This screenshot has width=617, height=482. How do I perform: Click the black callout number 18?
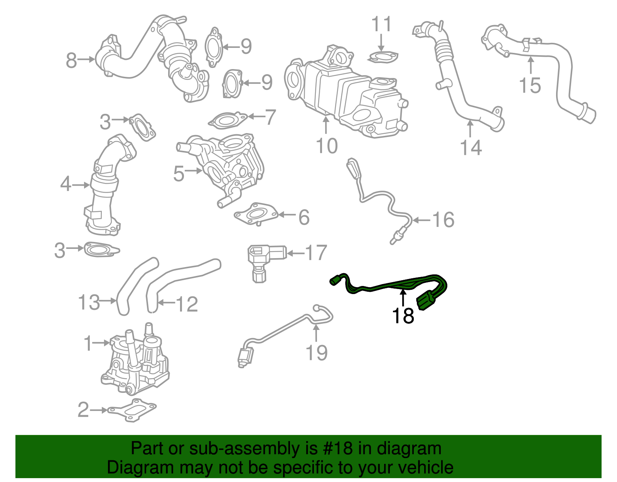(403, 316)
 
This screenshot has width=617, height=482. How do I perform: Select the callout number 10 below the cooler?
(326, 146)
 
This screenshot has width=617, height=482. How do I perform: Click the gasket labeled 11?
(383, 57)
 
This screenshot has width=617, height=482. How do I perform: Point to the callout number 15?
(530, 85)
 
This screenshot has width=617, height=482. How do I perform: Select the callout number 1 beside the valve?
(88, 343)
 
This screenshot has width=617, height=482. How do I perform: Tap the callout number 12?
(187, 304)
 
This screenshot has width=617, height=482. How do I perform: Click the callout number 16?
(443, 220)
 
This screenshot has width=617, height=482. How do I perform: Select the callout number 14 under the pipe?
(471, 147)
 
